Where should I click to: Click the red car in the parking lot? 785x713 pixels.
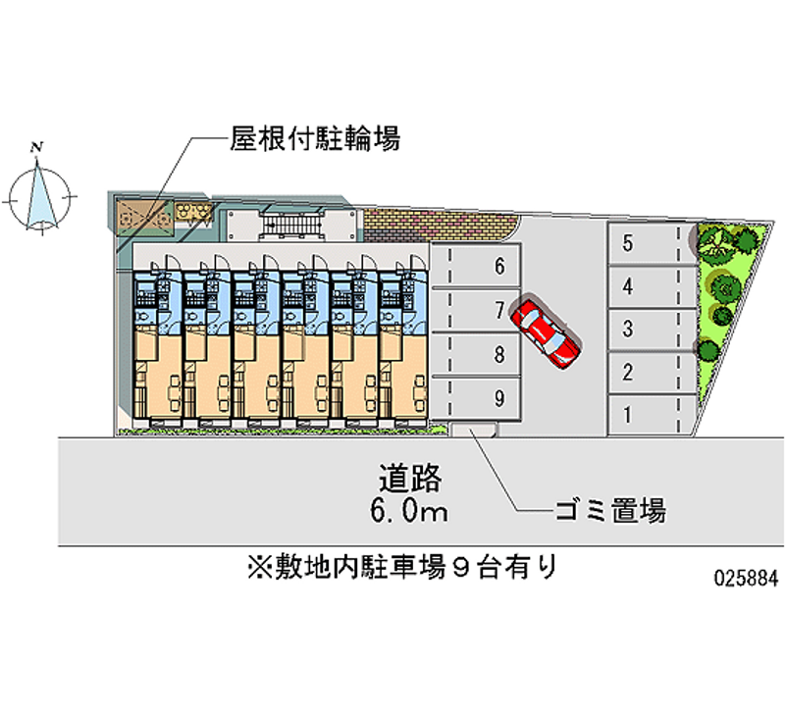tap(546, 332)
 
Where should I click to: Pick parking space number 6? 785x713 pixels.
tap(476, 266)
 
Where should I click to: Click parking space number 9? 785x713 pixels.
tap(476, 398)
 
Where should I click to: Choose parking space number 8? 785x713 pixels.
tap(476, 354)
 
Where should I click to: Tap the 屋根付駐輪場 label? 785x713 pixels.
tap(315, 138)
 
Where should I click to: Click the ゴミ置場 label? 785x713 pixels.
tap(610, 510)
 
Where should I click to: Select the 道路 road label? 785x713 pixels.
tap(409, 479)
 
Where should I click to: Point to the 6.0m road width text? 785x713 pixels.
tap(408, 510)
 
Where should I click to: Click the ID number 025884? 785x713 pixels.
tap(746, 579)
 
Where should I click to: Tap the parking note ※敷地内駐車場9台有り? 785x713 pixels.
tap(402, 568)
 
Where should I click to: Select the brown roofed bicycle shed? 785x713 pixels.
tap(145, 217)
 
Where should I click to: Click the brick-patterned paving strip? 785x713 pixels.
tap(441, 226)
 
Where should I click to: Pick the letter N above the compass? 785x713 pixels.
tap(36, 147)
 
